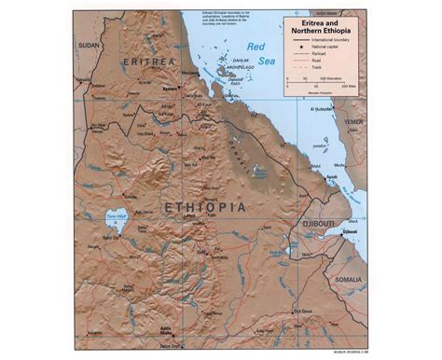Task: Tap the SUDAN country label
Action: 89,44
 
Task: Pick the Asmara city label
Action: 171,90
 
